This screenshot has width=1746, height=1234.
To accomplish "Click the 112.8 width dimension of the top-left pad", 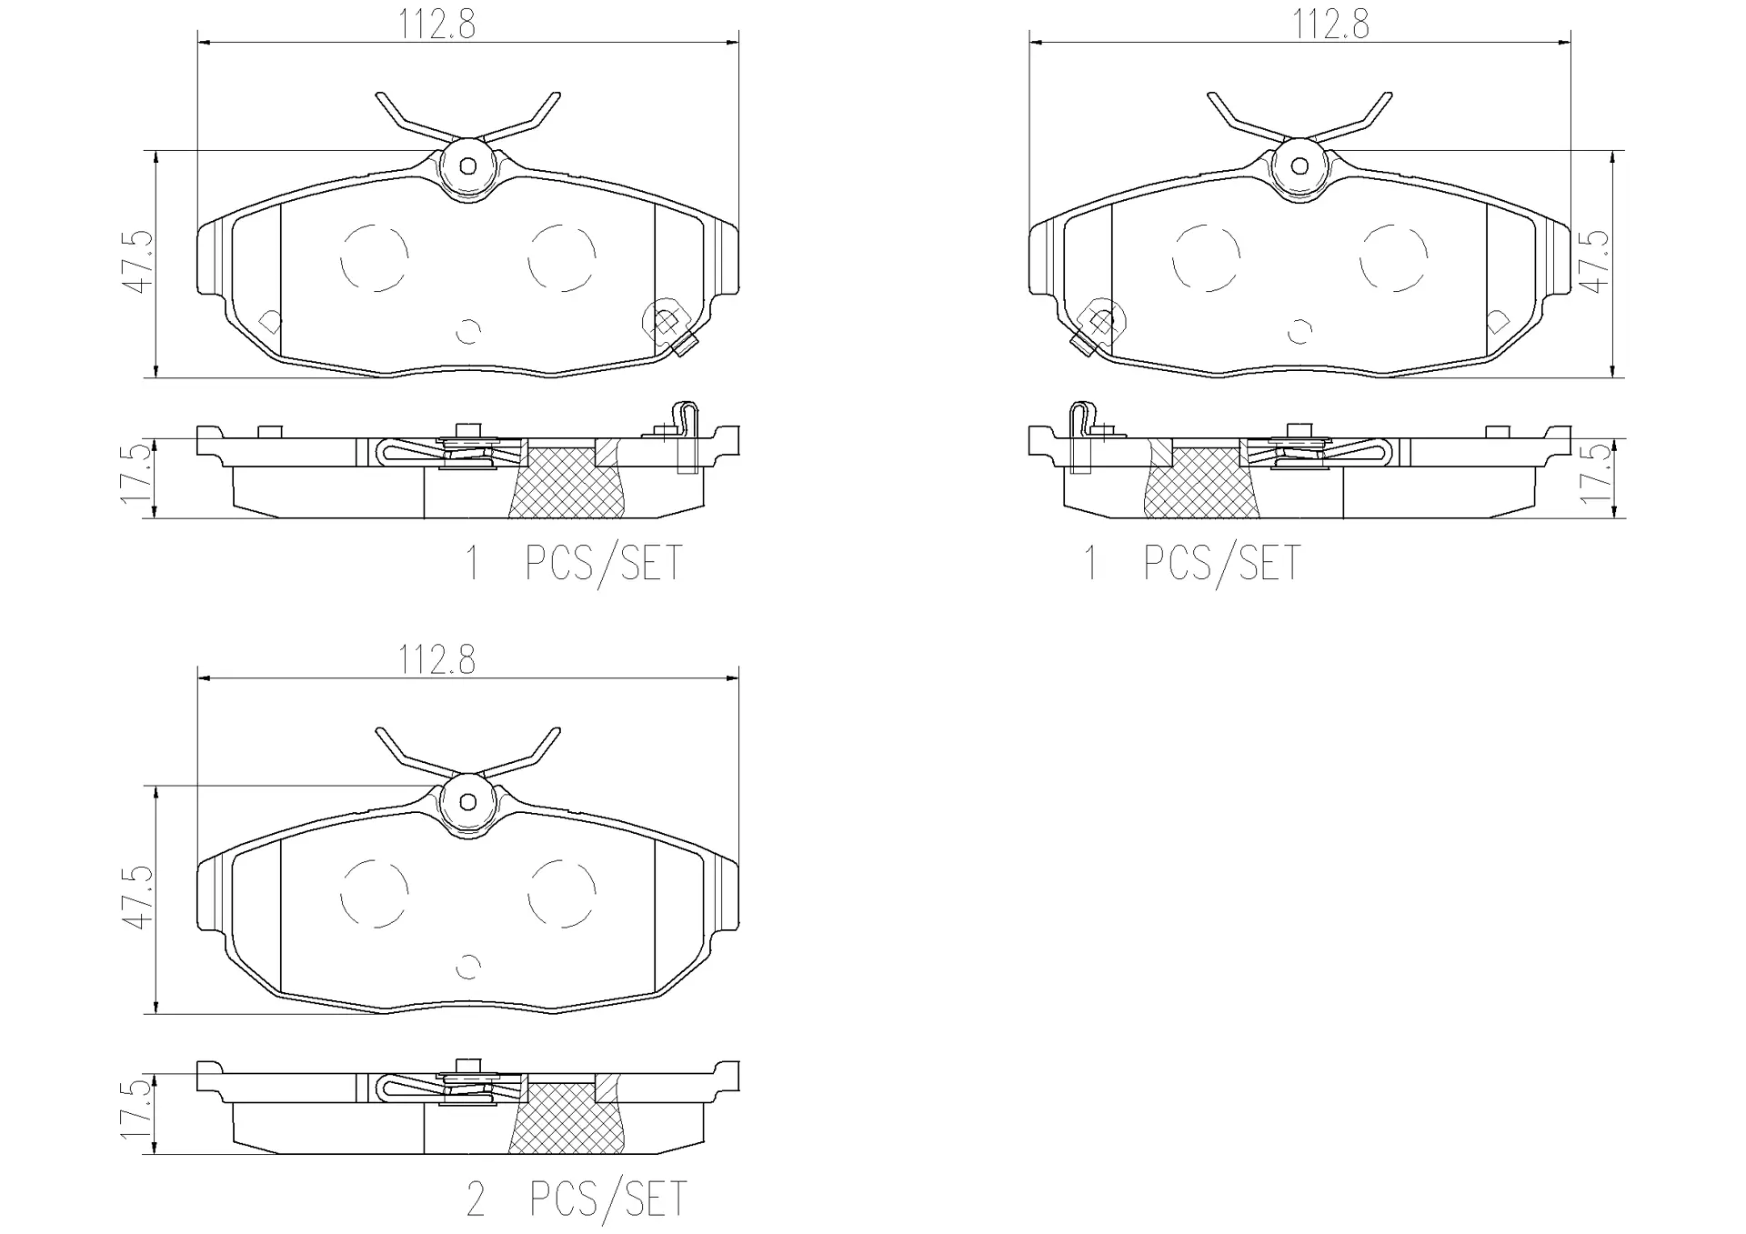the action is [x=436, y=25].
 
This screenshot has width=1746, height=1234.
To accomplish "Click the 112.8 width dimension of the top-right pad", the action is [x=1331, y=25].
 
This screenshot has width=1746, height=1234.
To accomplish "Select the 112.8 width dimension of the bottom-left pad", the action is [x=436, y=660].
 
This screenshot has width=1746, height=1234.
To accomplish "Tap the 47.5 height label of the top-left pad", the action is [x=139, y=261].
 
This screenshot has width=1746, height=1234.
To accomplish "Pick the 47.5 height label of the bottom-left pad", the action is [x=139, y=897].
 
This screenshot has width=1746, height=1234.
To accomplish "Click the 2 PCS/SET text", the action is [x=577, y=1199].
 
